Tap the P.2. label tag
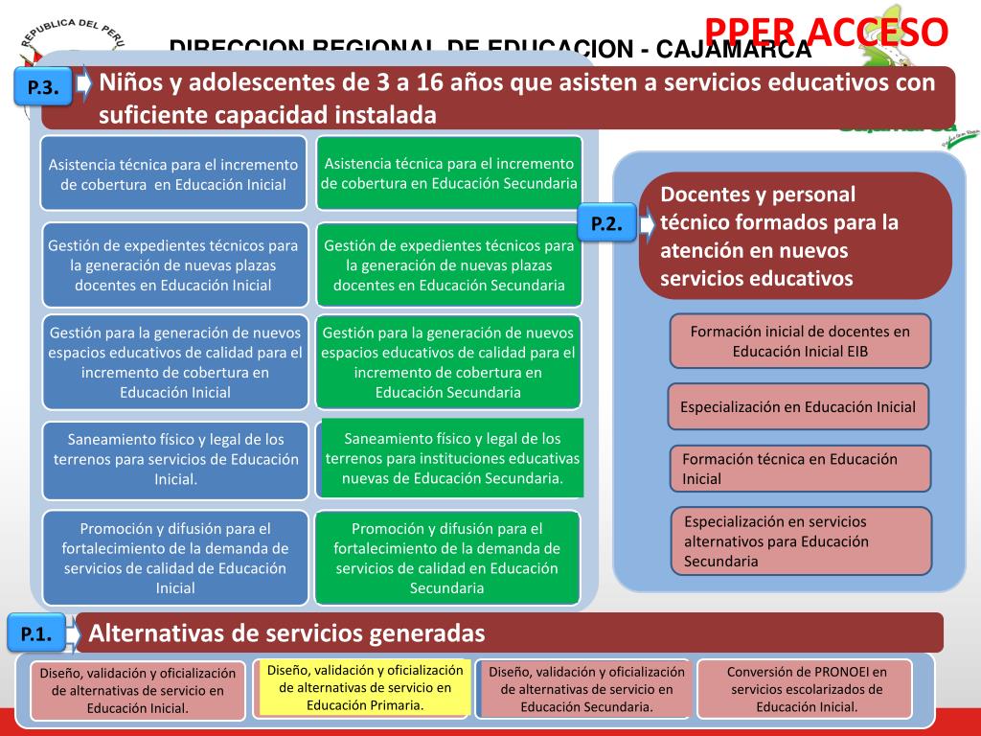tap(606, 224)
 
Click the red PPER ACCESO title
tap(827, 31)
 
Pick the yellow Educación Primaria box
tap(365, 687)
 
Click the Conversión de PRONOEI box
tap(807, 689)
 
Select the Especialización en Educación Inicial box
tap(798, 406)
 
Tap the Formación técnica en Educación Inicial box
tap(800, 469)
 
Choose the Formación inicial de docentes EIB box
tap(800, 341)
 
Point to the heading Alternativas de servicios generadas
tap(287, 633)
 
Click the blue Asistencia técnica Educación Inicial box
tap(173, 173)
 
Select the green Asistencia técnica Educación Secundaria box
tap(449, 172)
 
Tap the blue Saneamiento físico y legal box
tap(175, 459)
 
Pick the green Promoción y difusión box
tap(447, 558)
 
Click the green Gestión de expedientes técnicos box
tap(449, 265)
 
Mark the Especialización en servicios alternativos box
tap(800, 540)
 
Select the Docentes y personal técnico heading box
tap(795, 236)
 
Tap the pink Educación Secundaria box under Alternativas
tap(586, 689)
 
